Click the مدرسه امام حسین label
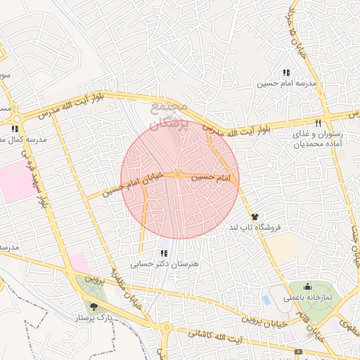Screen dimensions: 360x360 285,84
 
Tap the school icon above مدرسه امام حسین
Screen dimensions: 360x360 285,72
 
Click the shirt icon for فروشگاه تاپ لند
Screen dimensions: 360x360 254,217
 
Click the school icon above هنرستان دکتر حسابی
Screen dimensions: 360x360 165,253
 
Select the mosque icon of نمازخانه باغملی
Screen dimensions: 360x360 307,287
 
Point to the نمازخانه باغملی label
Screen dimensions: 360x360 311,298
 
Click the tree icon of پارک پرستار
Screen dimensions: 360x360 94,307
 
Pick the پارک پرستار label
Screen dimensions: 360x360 95,319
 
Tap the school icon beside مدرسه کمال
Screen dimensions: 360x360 14,129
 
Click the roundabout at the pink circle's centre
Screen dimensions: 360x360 179,174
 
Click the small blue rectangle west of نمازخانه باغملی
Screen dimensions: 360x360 265,300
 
